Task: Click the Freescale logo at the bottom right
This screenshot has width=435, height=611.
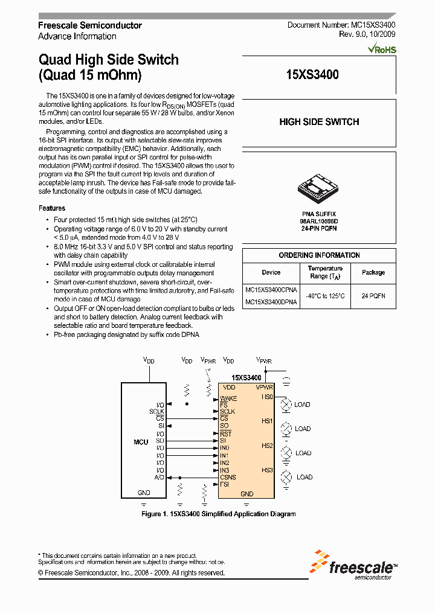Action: (354, 566)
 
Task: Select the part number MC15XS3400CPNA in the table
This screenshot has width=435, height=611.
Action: (271, 290)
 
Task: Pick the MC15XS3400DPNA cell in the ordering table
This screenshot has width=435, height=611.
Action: (271, 302)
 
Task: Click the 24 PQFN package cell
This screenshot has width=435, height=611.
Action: (373, 296)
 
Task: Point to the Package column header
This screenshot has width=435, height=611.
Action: (373, 272)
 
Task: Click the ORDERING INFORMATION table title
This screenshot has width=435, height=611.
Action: (319, 255)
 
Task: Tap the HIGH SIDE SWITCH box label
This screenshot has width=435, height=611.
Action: (319, 122)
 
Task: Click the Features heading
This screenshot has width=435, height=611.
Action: (52, 208)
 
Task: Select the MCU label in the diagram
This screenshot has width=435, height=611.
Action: (141, 442)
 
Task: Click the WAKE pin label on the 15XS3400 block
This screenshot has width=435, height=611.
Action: (228, 398)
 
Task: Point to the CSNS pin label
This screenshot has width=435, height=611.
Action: (228, 477)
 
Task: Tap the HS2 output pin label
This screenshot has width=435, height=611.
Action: (268, 446)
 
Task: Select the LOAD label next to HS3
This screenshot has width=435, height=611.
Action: (304, 477)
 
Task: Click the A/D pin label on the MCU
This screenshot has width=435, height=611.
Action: (159, 477)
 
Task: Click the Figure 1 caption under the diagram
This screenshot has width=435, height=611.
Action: (217, 514)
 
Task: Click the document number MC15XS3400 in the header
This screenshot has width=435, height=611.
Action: (341, 25)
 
